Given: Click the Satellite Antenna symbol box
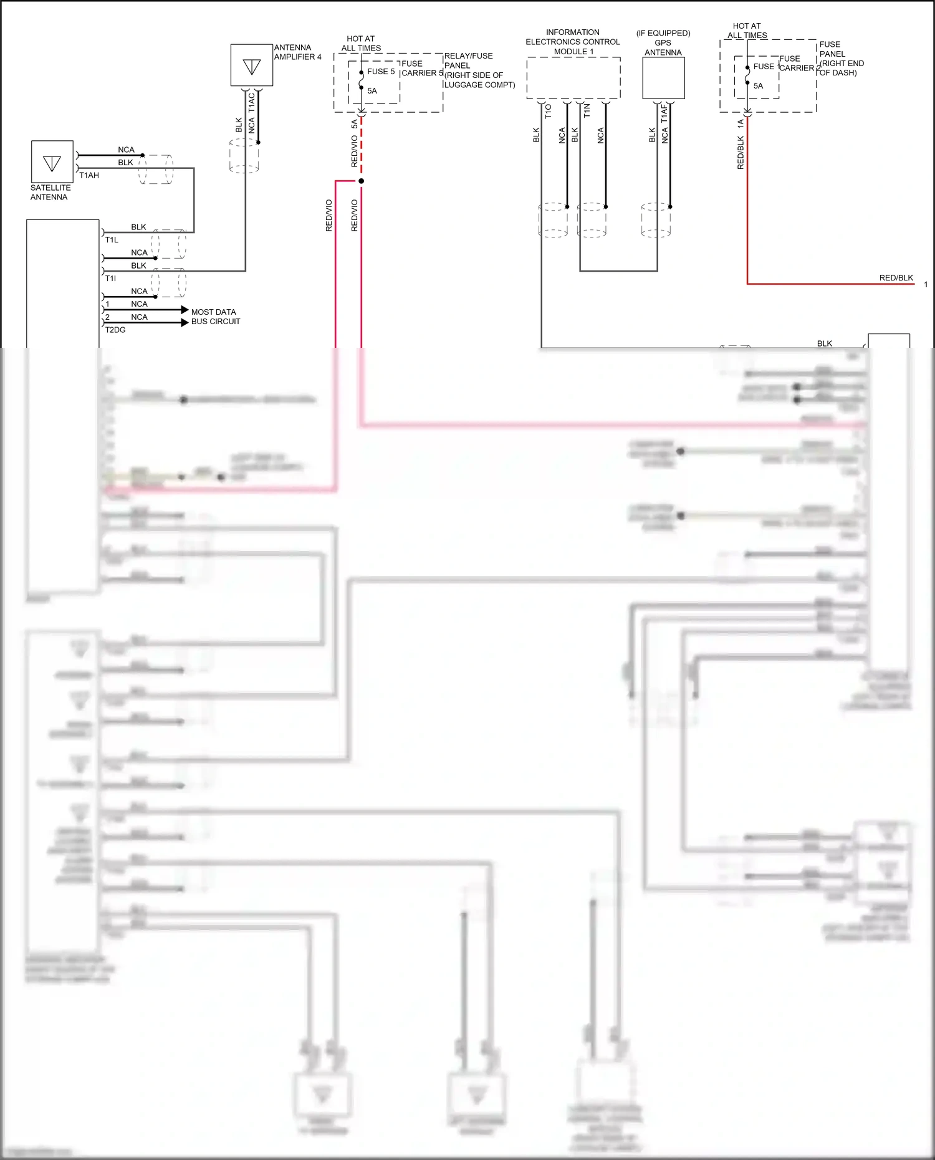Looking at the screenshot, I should tap(52, 161).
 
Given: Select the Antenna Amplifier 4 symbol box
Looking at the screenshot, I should tap(252, 65).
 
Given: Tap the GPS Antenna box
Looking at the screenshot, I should tap(663, 78).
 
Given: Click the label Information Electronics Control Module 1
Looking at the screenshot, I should tap(572, 42).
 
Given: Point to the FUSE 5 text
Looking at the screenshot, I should tap(381, 72).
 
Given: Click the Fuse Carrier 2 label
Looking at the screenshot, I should tap(798, 64).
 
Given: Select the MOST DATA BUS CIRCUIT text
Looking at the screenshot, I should tap(215, 317).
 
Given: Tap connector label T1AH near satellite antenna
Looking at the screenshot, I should tap(89, 176).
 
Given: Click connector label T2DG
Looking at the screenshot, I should tap(115, 330).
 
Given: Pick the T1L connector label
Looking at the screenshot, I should tap(112, 240).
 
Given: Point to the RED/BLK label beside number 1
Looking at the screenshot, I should tap(896, 278).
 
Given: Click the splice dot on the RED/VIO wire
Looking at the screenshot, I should tap(361, 181).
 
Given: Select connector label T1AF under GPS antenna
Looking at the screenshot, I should tap(664, 113).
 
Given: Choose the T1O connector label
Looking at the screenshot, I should tap(549, 112).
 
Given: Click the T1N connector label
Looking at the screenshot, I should tap(587, 111).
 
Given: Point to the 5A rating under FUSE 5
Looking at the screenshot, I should tap(372, 91).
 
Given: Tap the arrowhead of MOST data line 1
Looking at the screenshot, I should tap(185, 310).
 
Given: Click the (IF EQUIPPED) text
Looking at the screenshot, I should tap(663, 33).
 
